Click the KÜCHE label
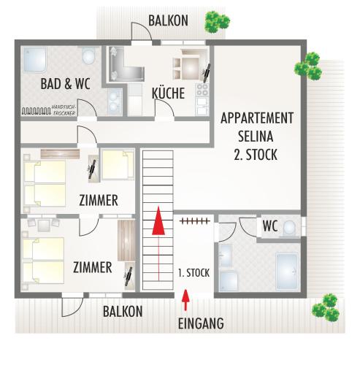(168, 93)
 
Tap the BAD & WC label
(65, 84)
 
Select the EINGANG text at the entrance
(201, 323)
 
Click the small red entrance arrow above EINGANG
(185, 300)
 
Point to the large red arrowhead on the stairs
(158, 220)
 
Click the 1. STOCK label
(194, 273)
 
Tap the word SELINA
(256, 137)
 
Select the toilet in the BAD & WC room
(88, 56)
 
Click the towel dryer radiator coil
(37, 111)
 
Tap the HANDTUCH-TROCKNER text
(64, 110)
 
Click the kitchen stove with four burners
(202, 90)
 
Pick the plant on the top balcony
(217, 22)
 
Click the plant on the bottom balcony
(326, 309)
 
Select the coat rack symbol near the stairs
(195, 221)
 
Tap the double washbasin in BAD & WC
(114, 101)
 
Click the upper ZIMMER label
(99, 200)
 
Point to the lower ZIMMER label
(93, 267)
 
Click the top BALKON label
(168, 20)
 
